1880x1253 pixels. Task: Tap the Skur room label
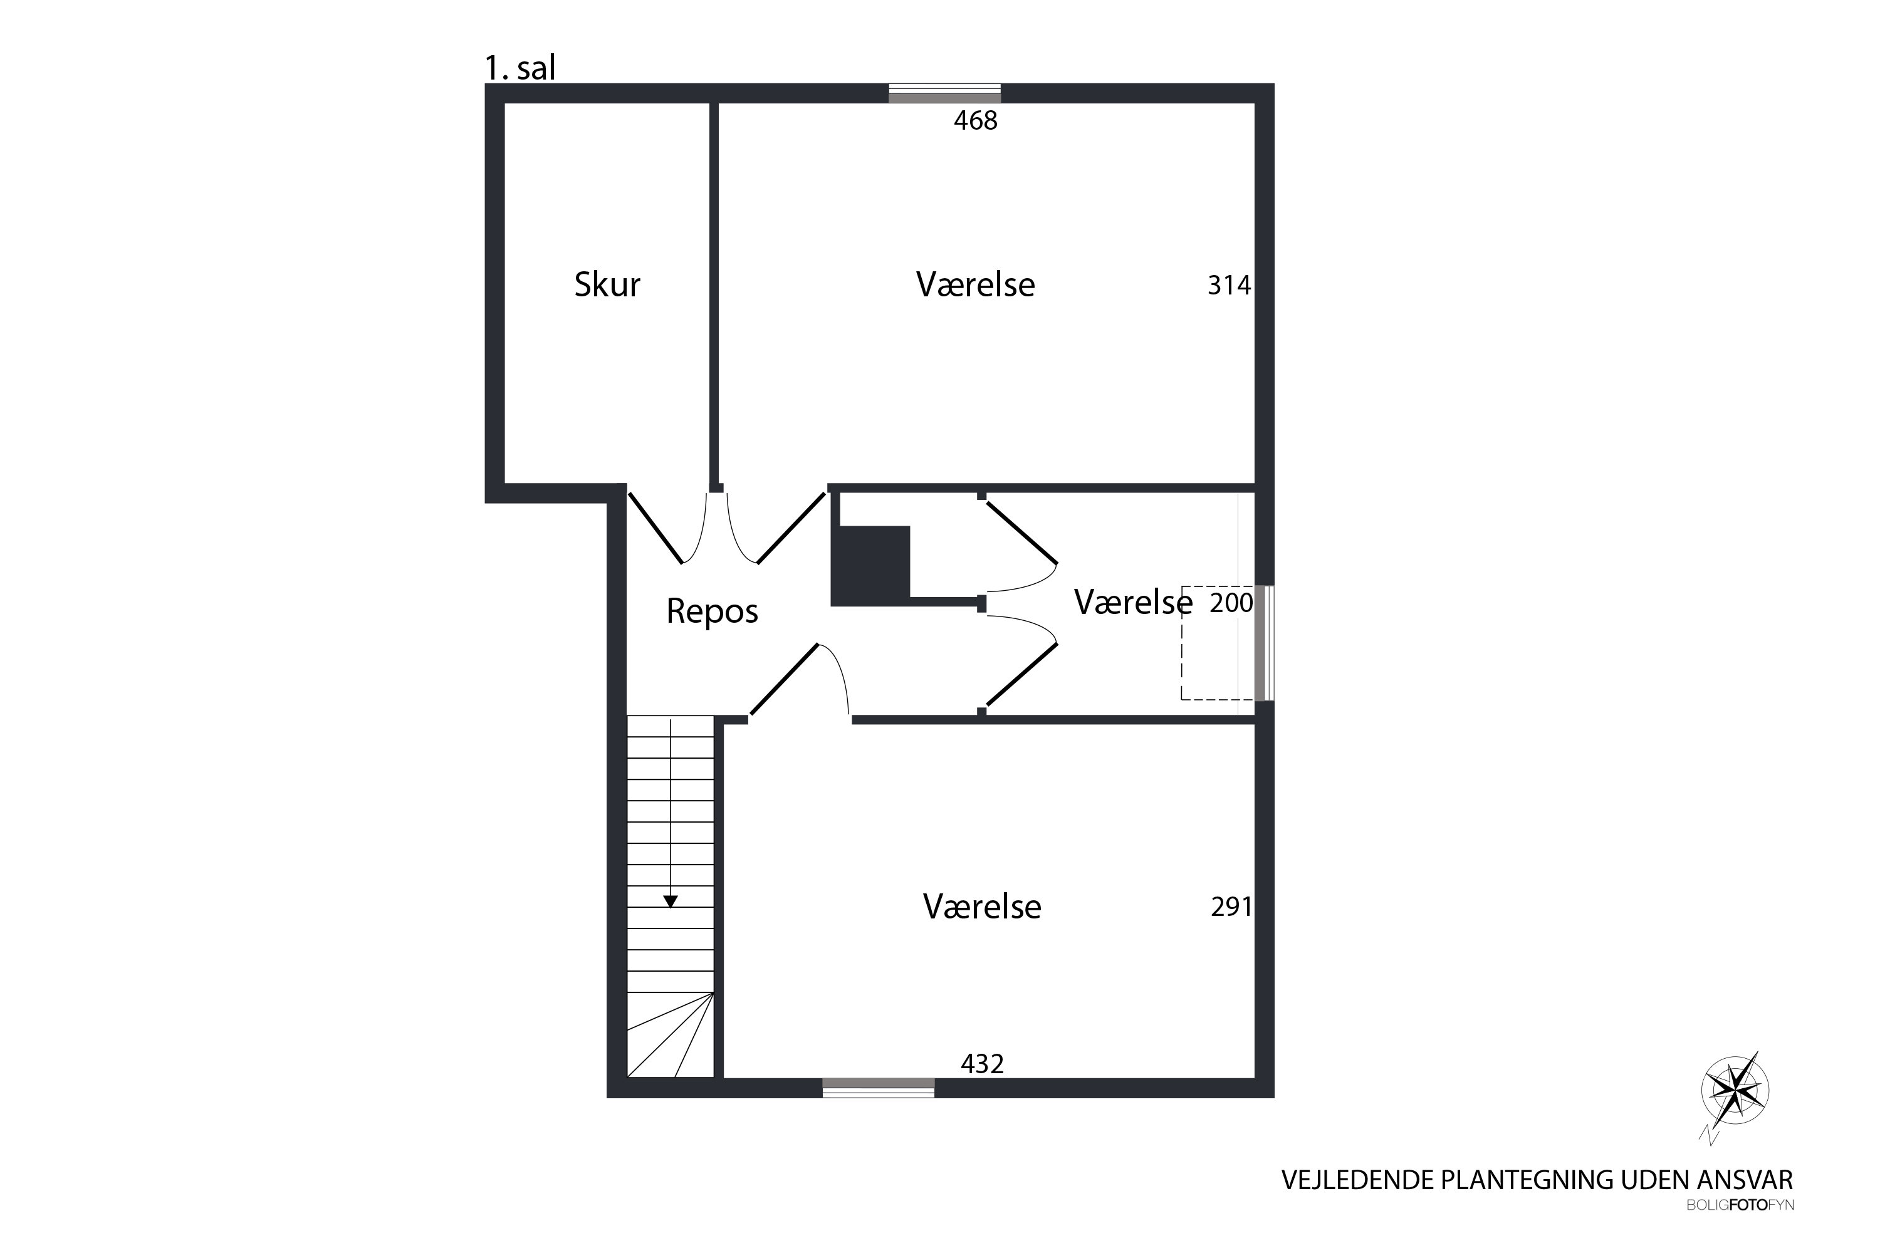pos(607,284)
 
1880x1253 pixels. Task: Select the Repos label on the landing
pos(712,611)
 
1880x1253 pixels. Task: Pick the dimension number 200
pos(1231,603)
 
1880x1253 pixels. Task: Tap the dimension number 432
pos(983,1064)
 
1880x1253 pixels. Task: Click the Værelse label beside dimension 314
pos(975,284)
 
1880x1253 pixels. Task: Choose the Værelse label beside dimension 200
pos(1132,603)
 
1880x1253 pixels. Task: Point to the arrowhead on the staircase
pos(671,902)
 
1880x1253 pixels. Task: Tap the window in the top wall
pos(945,93)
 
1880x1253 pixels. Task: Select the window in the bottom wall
pos(879,1087)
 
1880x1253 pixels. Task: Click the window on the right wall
pos(1264,643)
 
